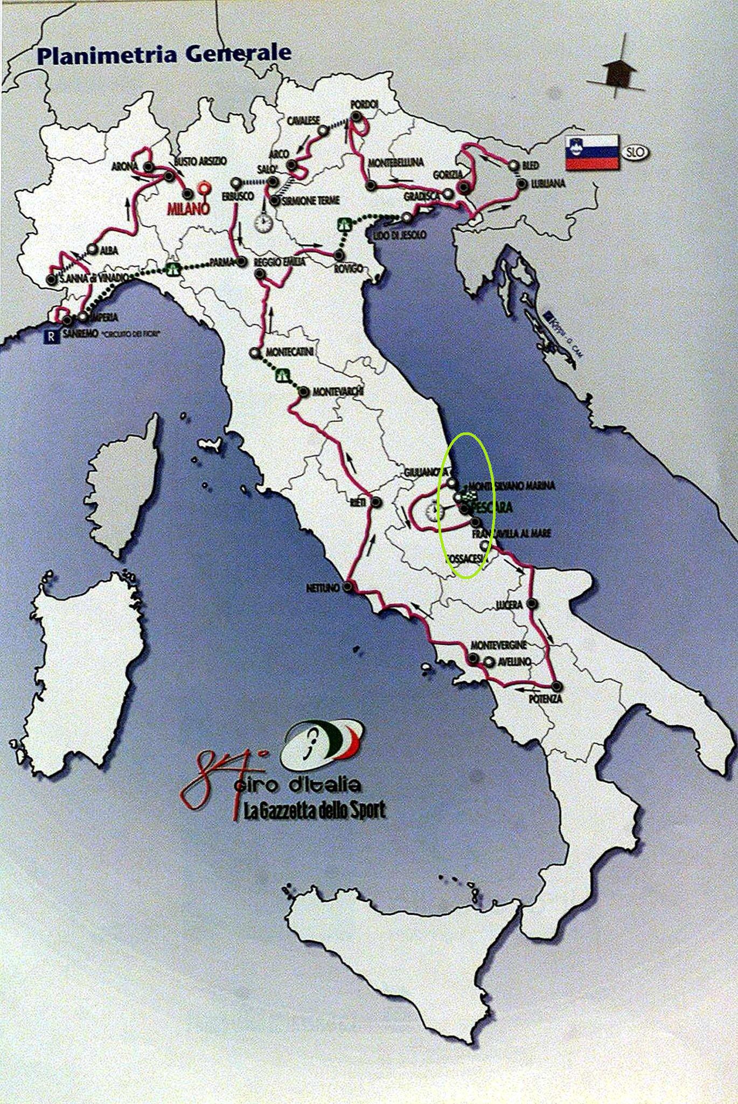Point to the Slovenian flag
point(590,152)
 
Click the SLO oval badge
point(635,152)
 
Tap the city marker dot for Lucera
point(532,604)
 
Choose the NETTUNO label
point(324,587)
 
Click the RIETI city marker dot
point(377,502)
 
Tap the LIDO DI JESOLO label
point(396,235)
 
